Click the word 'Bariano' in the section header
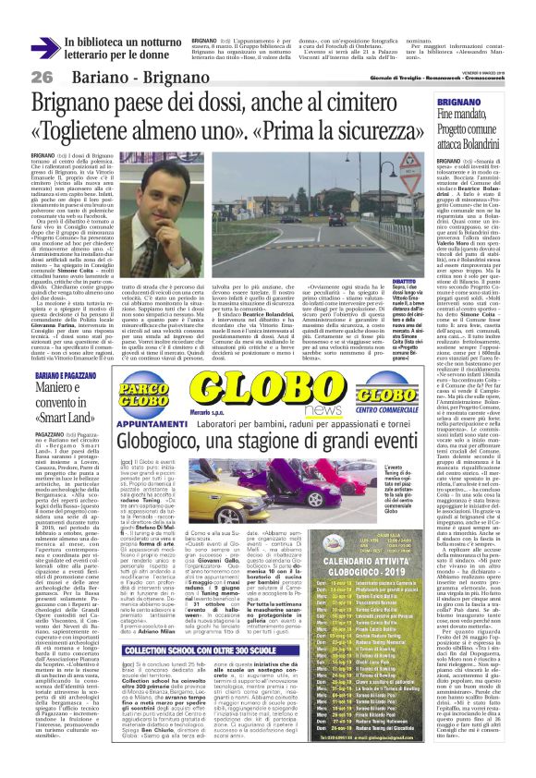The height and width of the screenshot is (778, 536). (x=94, y=75)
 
